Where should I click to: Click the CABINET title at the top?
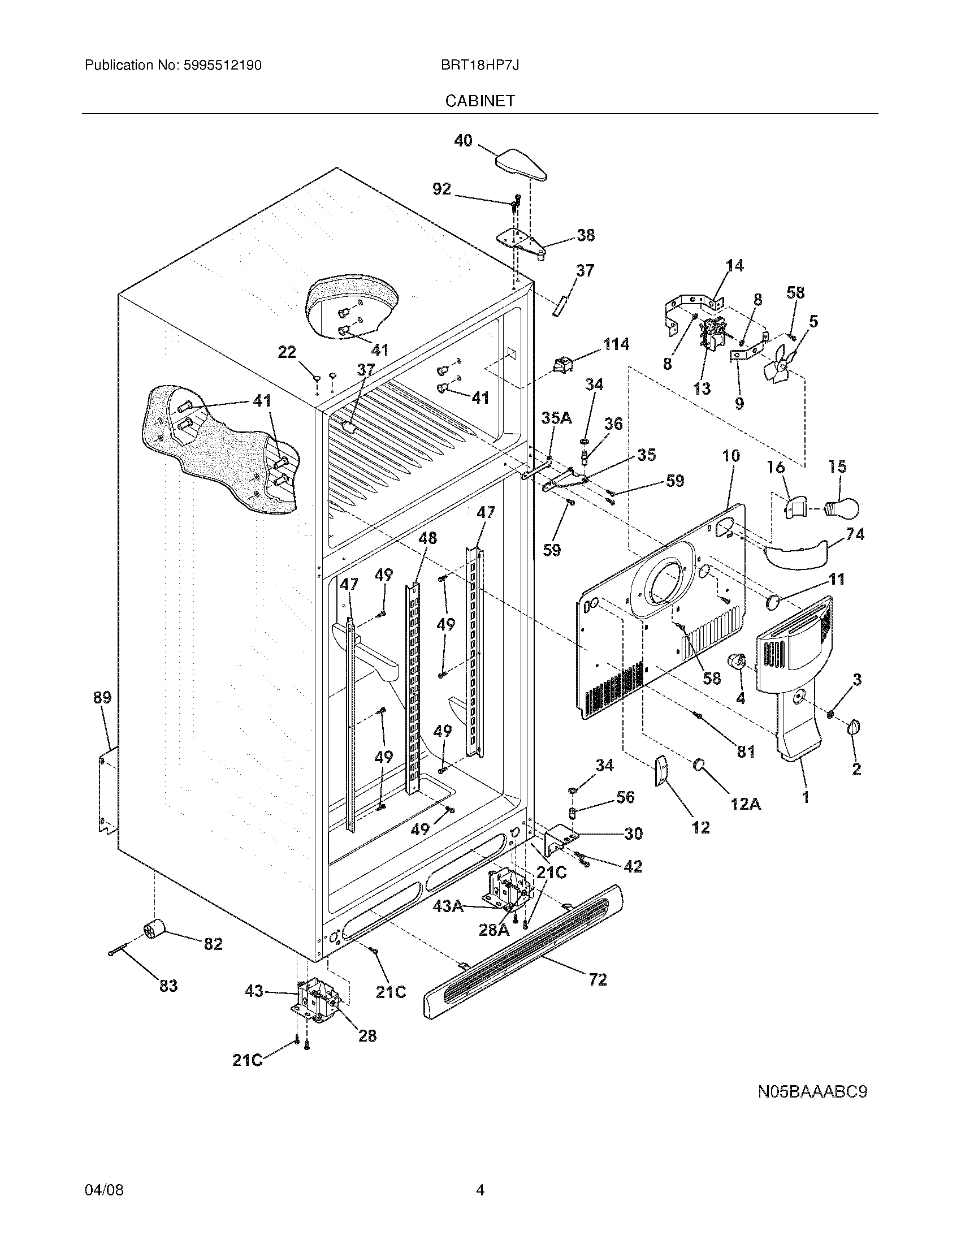480,101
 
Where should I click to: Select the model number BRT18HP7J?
479,66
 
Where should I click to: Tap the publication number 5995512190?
223,66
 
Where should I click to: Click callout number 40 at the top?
463,140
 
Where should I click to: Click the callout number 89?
102,697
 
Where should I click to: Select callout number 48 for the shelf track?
427,537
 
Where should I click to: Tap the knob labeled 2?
854,727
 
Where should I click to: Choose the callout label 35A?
556,418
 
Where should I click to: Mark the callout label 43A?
448,906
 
